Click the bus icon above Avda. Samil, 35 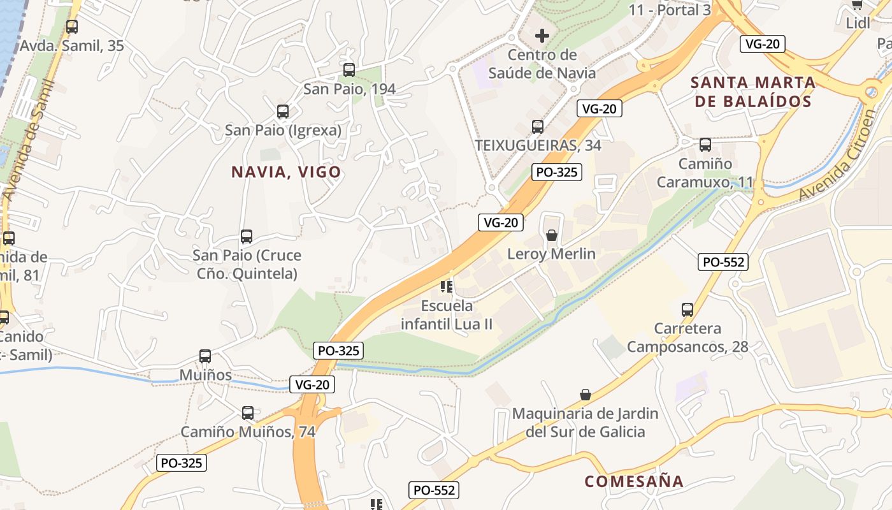(x=72, y=27)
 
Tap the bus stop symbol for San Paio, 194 (x=349, y=70)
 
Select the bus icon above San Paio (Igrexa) (x=283, y=112)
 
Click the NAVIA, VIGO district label (x=286, y=172)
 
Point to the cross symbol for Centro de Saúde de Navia (x=542, y=36)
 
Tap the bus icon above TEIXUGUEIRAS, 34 (x=538, y=127)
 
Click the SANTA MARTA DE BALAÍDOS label (x=753, y=92)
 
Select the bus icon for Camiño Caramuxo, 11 (x=705, y=145)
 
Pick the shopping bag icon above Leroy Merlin (x=552, y=235)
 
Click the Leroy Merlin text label (x=551, y=254)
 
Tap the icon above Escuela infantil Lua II (x=446, y=288)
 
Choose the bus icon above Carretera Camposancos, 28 (x=687, y=310)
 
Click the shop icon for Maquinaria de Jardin (x=586, y=395)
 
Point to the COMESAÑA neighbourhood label (x=633, y=481)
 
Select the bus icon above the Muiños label (x=205, y=356)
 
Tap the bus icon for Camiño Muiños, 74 (x=248, y=413)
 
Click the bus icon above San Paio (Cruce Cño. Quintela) (x=247, y=237)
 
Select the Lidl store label (x=858, y=23)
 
